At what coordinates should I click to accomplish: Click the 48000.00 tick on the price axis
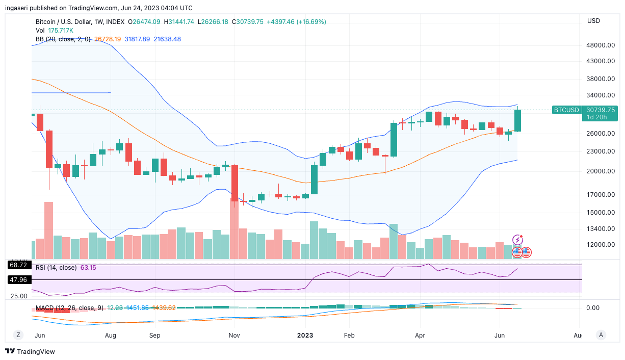tap(601, 45)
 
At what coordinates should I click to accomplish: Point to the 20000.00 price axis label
tap(601, 171)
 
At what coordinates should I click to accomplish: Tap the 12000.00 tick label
tap(601, 245)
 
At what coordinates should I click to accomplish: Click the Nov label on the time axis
tap(234, 336)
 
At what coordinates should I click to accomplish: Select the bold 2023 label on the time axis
tap(305, 336)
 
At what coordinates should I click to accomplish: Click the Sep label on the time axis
tap(154, 336)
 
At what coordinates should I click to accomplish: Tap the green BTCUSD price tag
tap(566, 110)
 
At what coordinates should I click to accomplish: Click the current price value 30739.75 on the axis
tap(601, 110)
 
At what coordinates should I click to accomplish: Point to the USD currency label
tap(593, 21)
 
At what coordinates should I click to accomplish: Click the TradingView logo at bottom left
tap(30, 351)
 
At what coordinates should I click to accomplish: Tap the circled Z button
tap(18, 335)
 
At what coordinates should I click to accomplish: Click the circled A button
tap(602, 335)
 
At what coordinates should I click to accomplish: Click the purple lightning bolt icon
tap(518, 240)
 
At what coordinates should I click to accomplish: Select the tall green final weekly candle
tap(517, 121)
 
